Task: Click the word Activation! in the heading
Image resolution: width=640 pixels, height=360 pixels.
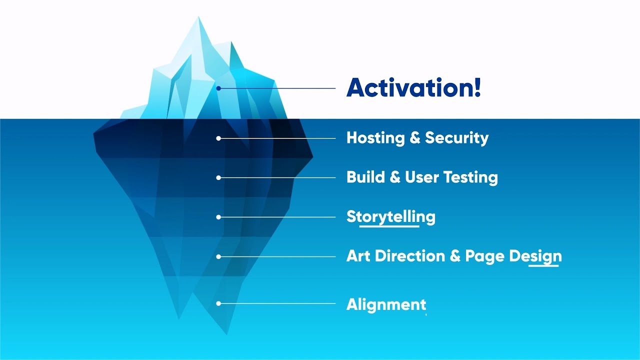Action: point(413,88)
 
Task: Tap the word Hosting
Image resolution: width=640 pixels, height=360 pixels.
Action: point(375,138)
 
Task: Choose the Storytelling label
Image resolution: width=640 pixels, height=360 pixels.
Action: point(390,217)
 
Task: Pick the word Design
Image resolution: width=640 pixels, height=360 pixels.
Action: point(535,256)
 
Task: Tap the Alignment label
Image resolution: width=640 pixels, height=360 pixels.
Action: point(386,304)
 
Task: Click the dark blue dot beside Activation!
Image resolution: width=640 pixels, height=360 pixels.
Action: point(218,88)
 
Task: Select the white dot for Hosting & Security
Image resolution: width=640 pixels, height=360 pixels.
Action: point(218,138)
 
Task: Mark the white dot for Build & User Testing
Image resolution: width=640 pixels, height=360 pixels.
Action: point(218,177)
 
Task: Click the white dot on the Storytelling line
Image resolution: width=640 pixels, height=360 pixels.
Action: point(218,217)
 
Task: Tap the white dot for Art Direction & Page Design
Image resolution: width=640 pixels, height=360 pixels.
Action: point(218,256)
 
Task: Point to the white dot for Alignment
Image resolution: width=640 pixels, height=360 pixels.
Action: point(218,303)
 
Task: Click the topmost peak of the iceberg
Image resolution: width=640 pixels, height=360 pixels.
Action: point(198,17)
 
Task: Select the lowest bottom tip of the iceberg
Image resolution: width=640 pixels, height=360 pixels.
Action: point(226,334)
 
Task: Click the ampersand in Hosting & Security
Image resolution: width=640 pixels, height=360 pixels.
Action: point(415,138)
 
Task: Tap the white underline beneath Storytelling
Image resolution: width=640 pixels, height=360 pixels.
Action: point(389,226)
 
